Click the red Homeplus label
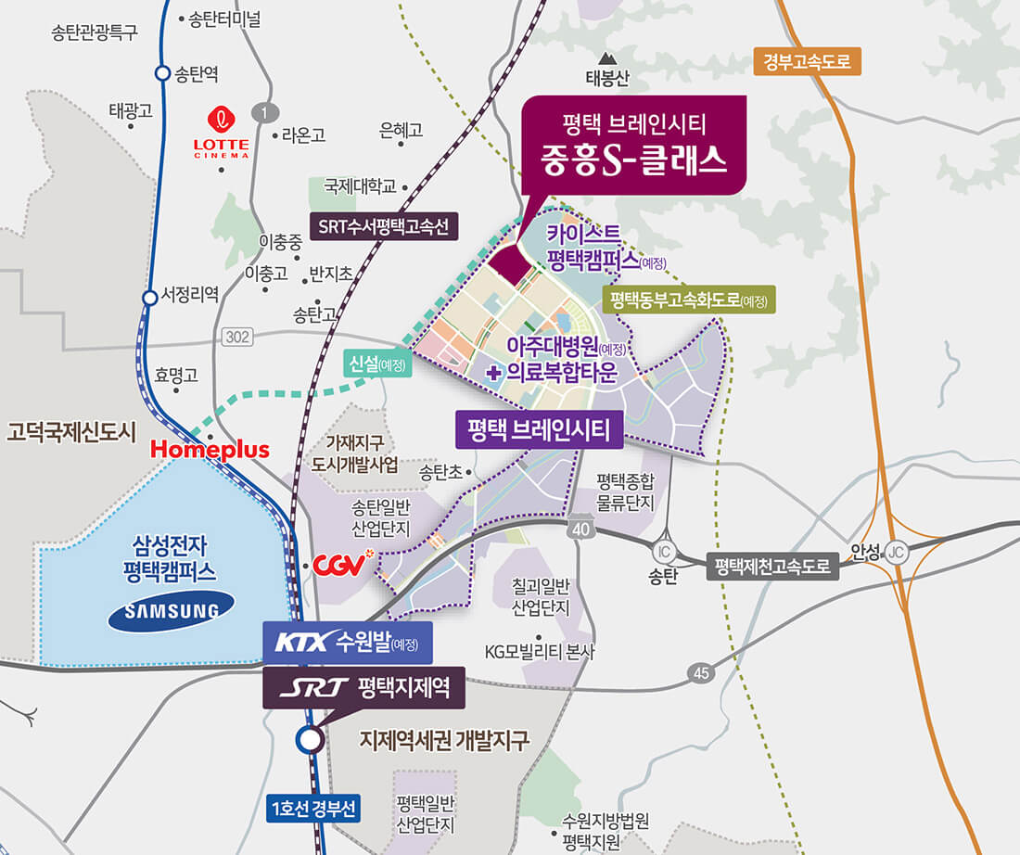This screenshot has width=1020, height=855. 210,450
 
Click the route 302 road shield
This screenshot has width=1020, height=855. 238,338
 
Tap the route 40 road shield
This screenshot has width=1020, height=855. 580,528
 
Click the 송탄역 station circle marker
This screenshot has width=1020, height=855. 161,73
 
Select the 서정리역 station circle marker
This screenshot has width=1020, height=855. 149,298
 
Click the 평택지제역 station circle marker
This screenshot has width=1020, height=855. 308,740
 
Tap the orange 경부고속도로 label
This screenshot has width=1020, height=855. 807,62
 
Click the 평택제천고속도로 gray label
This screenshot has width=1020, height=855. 773,566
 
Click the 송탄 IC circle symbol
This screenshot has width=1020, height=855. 663,550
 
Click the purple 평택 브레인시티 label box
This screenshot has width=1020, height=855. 539,430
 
